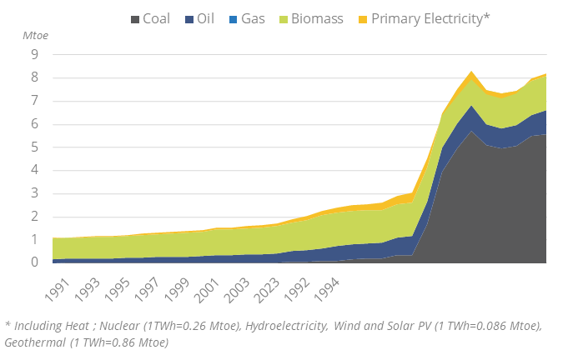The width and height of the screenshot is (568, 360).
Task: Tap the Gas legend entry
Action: pyautogui.click(x=254, y=18)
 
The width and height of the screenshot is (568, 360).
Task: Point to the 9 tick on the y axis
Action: pyautogui.click(x=35, y=55)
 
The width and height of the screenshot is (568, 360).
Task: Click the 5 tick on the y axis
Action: pyautogui.click(x=35, y=147)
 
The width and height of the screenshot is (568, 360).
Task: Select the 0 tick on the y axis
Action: pyautogui.click(x=35, y=262)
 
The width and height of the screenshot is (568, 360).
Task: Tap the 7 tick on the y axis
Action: pyautogui.click(x=35, y=102)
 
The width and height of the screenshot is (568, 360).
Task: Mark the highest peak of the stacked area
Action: pyautogui.click(x=472, y=72)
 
